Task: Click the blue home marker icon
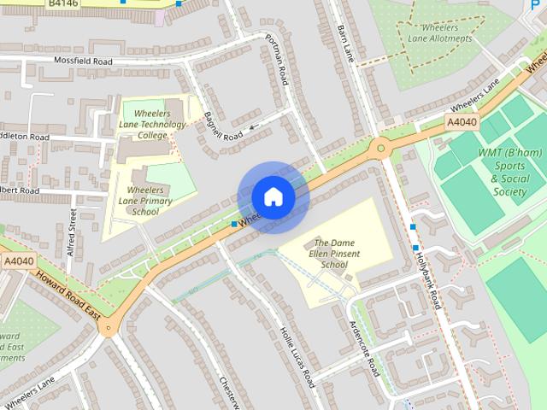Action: click(x=273, y=196)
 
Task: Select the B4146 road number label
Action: click(x=64, y=4)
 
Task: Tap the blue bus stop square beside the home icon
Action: click(x=234, y=224)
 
